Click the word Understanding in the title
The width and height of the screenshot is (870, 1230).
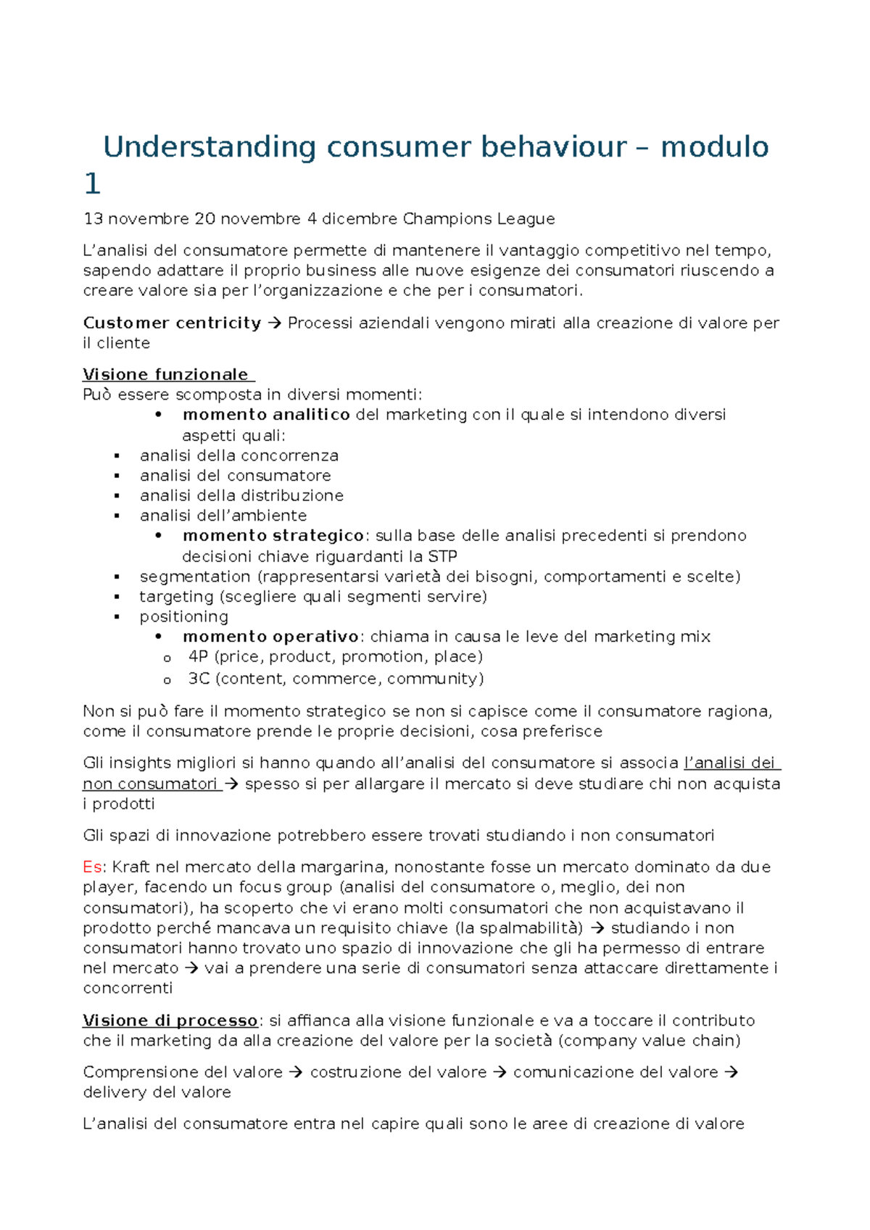click(210, 147)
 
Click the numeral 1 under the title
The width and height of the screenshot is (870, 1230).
click(92, 184)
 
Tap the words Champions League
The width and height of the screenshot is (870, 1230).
click(478, 218)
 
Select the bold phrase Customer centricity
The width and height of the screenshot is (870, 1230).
click(172, 323)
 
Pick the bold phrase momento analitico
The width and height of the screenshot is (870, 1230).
click(266, 414)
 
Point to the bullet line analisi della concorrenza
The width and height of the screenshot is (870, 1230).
click(239, 455)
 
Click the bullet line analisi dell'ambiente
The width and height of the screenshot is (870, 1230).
click(223, 516)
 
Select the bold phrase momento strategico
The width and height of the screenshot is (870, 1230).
click(273, 535)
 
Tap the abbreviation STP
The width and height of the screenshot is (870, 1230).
click(442, 556)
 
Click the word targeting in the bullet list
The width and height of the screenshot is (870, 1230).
click(176, 596)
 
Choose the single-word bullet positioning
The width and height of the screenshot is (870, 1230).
click(183, 616)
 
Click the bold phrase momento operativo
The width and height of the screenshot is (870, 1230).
click(270, 636)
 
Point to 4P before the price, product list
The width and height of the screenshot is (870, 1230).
click(198, 656)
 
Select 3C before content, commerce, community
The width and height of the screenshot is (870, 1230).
click(199, 678)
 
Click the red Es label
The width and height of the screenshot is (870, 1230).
click(93, 867)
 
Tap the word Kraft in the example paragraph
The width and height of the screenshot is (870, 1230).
click(131, 867)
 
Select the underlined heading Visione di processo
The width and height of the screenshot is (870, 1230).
click(170, 1020)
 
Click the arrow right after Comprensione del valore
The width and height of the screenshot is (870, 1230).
click(296, 1072)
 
